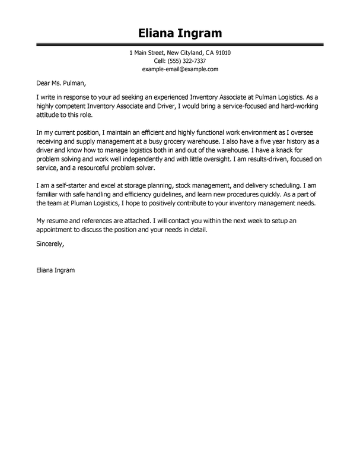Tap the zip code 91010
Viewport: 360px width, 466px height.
[220, 53]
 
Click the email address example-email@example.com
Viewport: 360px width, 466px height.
[180, 69]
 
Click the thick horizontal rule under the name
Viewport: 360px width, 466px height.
[180, 44]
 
